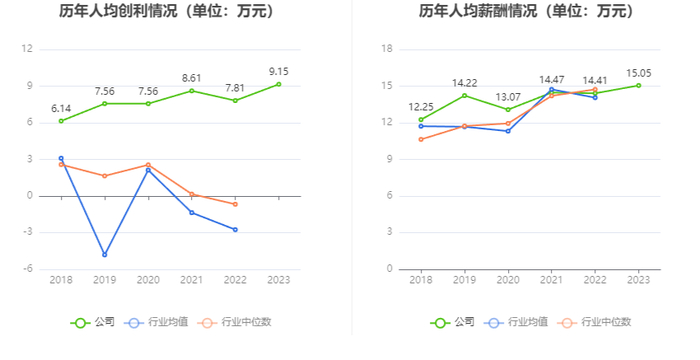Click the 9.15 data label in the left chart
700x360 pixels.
279,71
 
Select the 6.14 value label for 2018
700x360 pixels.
61,109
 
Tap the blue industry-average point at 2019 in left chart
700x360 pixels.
105,255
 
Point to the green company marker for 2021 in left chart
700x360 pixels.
192,91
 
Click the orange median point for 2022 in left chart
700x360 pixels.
235,204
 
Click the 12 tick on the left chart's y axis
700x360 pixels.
27,49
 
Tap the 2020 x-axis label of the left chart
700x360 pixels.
148,280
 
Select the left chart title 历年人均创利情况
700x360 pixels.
122,11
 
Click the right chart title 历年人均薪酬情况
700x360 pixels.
478,11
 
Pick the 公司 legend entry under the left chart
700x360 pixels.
93,322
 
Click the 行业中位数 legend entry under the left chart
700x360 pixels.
235,322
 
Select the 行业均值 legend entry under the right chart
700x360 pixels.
516,322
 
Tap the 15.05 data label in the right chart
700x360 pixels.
638,73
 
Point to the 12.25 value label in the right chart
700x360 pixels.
421,107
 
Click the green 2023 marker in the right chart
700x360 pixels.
638,85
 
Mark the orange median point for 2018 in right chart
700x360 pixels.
421,139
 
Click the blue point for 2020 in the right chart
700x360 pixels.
508,131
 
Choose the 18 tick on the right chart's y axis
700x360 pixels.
388,49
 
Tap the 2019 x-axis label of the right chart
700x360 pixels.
465,280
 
